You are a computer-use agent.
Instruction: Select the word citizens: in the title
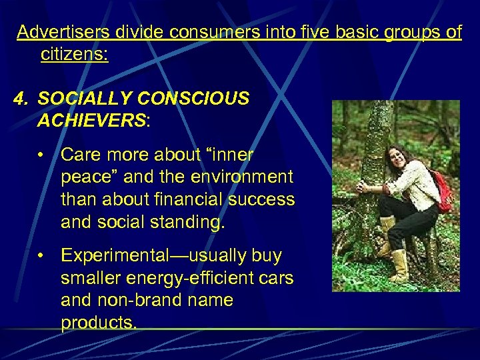tap(74, 55)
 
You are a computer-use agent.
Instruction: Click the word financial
tap(188, 199)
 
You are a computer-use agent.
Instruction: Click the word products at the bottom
tap(98, 323)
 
